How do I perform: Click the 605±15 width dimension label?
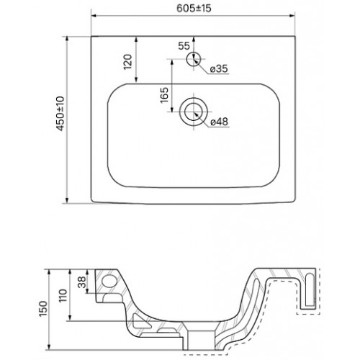point(194,8)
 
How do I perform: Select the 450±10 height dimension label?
point(60,114)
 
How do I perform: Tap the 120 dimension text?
point(128,62)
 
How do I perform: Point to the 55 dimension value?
point(184,45)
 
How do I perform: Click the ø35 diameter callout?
point(219,69)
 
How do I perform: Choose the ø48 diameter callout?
point(219,122)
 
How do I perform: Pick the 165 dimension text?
point(164,95)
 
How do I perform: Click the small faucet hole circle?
point(194,59)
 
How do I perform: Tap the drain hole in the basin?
point(194,112)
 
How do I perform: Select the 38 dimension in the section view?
point(82,282)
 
